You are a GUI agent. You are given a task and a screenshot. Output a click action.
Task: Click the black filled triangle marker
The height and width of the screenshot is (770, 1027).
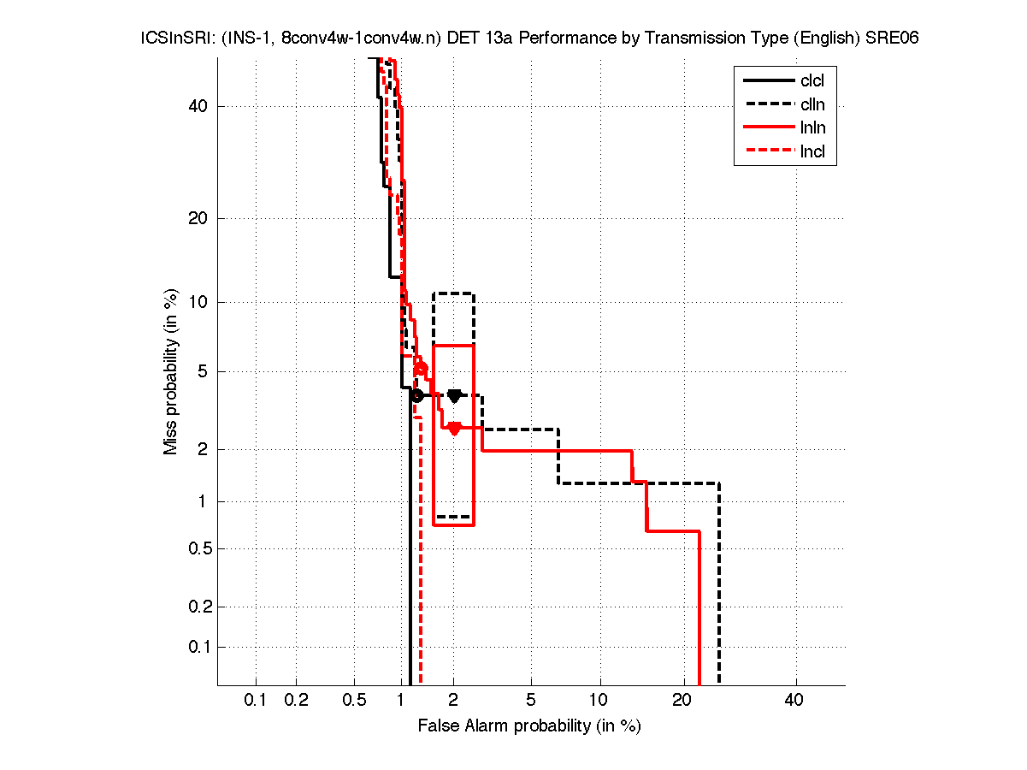tap(454, 395)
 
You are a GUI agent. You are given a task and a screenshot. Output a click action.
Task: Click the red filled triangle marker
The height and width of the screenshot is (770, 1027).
tap(454, 429)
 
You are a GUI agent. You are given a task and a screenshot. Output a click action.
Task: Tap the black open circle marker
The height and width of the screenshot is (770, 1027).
tap(416, 395)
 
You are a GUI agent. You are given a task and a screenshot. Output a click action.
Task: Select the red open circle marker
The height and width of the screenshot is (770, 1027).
tap(421, 368)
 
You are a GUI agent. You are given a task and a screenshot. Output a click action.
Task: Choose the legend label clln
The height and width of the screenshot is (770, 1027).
tap(812, 105)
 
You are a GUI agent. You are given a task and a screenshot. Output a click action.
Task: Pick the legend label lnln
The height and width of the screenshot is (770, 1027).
tap(812, 129)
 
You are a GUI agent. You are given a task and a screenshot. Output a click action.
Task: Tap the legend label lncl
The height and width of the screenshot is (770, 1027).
tap(812, 153)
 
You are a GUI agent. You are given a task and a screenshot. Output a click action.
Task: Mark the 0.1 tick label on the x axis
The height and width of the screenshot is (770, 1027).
tap(256, 701)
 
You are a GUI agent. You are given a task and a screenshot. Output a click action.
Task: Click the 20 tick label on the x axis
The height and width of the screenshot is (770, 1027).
tap(682, 701)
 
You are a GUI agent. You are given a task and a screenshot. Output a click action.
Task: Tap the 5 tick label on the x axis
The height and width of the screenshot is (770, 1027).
tap(532, 701)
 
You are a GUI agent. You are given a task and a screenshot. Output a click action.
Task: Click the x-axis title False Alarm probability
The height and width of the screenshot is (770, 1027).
tap(529, 726)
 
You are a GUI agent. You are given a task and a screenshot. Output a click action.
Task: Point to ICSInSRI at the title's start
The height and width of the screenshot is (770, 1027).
tap(172, 38)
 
